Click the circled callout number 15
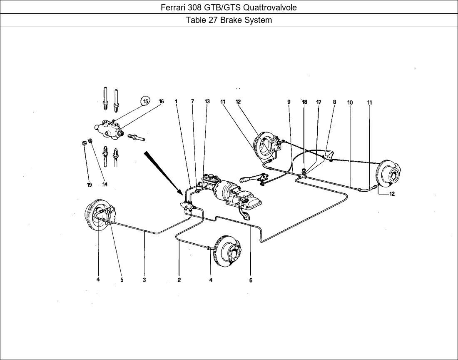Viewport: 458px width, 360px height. pos(145,101)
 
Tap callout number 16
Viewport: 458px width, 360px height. pos(161,102)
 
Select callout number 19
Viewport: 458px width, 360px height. pos(89,185)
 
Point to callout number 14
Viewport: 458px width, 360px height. pos(105,185)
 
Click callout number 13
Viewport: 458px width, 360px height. pos(207,102)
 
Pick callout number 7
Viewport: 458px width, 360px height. pos(192,102)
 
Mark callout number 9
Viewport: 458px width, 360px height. pos(289,102)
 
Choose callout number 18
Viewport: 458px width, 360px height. pos(304,102)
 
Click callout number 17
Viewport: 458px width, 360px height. pos(319,102)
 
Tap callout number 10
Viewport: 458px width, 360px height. pos(350,102)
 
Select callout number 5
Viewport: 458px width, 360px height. pos(122,280)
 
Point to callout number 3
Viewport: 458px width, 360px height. pos(144,280)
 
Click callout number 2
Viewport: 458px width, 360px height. pos(179,280)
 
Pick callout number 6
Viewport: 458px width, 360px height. pos(251,280)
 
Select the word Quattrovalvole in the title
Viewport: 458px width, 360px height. pos(270,7)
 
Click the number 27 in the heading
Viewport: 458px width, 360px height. pos(212,20)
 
